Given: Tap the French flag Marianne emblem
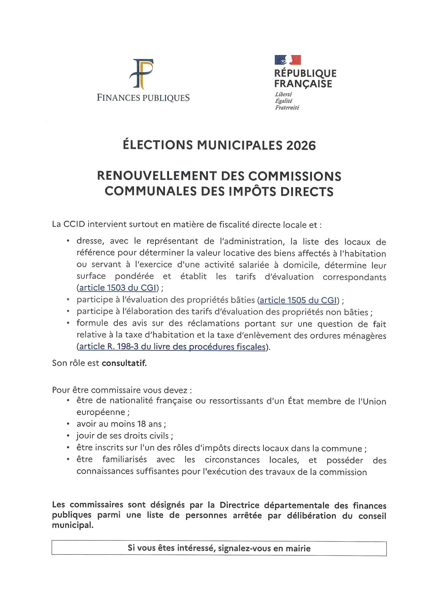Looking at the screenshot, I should (x=288, y=60).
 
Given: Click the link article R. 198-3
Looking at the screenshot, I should (x=172, y=347).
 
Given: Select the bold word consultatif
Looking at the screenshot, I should (x=124, y=363).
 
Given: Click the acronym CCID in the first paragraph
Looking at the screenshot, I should (x=74, y=224).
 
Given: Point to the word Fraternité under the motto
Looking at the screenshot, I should (x=287, y=108).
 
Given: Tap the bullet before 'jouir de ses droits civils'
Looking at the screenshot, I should (x=69, y=436).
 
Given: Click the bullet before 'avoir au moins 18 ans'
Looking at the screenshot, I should (x=69, y=424).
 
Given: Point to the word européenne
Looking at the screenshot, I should (x=101, y=412).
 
